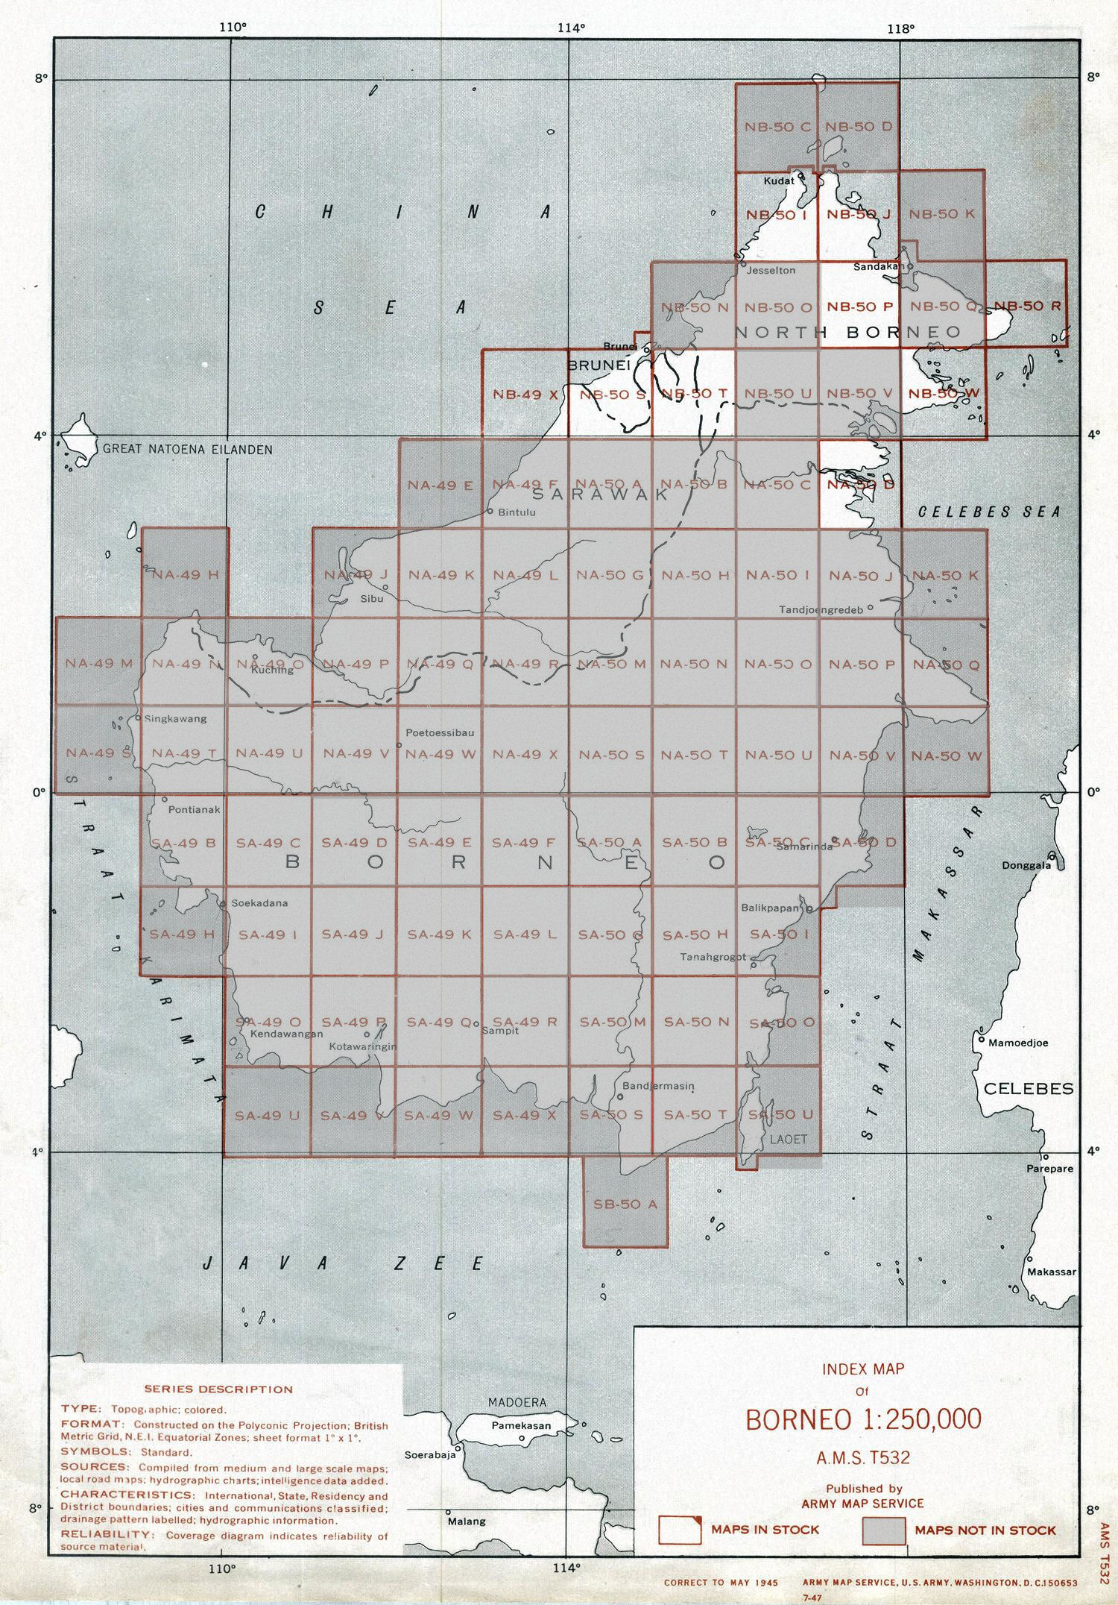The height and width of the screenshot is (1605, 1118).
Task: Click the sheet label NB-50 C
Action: point(777,127)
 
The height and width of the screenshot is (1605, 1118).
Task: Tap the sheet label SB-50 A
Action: point(624,1204)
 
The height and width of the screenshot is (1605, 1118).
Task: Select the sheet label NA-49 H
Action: point(185,574)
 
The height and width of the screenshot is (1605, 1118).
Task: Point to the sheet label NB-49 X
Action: point(525,395)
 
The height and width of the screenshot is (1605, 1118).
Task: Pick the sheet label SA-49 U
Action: point(267,1116)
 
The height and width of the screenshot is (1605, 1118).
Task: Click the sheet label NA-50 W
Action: point(946,756)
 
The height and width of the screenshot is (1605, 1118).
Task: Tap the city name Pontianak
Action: point(194,809)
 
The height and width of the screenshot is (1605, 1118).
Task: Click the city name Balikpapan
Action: point(770,908)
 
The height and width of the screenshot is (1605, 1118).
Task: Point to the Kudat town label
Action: point(779,180)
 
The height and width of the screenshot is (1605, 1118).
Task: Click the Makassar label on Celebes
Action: point(1051,1272)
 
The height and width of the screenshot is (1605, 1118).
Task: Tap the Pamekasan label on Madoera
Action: point(521,1425)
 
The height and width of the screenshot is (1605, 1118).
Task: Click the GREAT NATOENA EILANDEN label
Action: point(187,450)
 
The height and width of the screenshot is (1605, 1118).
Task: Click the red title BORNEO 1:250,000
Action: point(863,1419)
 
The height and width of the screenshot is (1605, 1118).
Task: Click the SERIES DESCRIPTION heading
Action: point(218,1389)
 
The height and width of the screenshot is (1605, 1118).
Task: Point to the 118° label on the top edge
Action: point(900,29)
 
